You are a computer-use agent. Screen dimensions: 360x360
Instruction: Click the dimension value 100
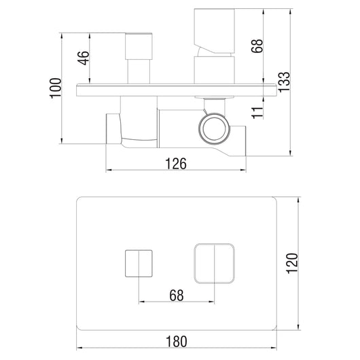pyautogui.click(x=56, y=88)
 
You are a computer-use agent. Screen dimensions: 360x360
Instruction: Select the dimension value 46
pyautogui.click(x=83, y=58)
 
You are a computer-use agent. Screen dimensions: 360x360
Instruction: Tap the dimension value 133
pyautogui.click(x=284, y=82)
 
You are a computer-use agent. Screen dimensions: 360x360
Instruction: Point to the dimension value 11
pyautogui.click(x=257, y=113)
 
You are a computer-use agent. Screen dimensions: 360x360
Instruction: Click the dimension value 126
pyautogui.click(x=176, y=164)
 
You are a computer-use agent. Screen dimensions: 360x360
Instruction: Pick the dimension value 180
pyautogui.click(x=177, y=342)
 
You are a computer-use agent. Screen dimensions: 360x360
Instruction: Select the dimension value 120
pyautogui.click(x=292, y=264)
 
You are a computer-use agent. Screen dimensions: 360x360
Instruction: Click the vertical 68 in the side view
pyautogui.click(x=257, y=46)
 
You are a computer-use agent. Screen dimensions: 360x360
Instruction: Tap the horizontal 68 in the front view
pyautogui.click(x=177, y=295)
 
